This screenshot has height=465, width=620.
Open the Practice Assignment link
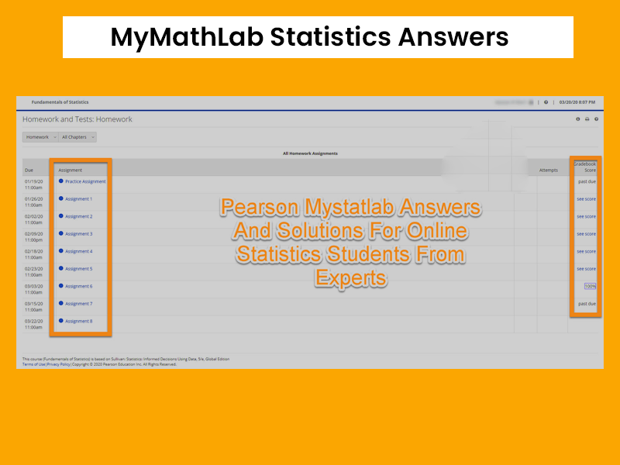[x=85, y=181]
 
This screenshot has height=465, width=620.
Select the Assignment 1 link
[x=78, y=199]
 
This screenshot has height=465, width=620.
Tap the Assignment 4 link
[x=78, y=251]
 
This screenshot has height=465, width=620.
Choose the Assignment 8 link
[x=78, y=321]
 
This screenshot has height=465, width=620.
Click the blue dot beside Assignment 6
[x=61, y=286]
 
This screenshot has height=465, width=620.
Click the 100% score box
[x=590, y=286]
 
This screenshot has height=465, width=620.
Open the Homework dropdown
[x=40, y=137]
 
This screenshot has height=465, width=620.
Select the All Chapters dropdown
[x=78, y=137]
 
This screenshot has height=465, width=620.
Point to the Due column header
[x=29, y=170]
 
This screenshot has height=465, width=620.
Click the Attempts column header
[x=549, y=170]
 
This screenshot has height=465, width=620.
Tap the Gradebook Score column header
[x=585, y=167]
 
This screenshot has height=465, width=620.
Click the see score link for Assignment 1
[x=586, y=199]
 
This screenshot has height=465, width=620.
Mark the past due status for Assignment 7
[x=587, y=304]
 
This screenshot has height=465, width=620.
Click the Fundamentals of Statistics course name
[x=60, y=102]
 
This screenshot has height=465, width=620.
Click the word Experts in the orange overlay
[x=350, y=277]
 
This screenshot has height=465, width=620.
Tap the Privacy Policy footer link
[x=58, y=364]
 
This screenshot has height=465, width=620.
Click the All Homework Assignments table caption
[x=310, y=153]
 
